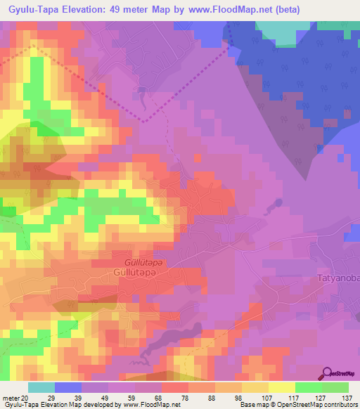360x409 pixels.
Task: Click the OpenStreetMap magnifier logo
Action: click(328, 373)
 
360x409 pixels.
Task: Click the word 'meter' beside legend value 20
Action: click(10, 397)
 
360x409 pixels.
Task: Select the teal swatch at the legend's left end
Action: click(41, 387)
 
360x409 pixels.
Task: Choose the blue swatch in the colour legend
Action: click(68, 387)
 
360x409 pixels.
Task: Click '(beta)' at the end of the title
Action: click(286, 9)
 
